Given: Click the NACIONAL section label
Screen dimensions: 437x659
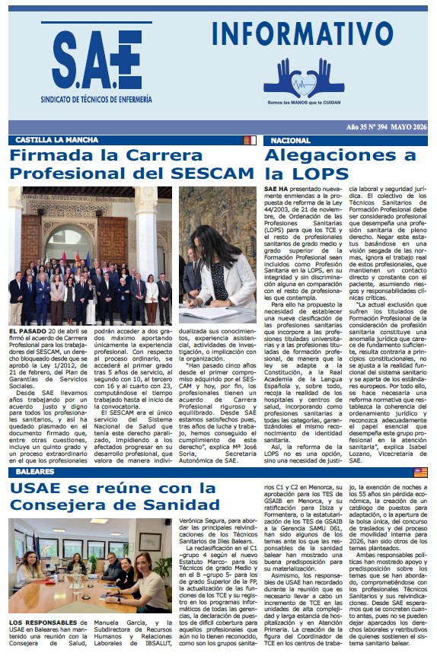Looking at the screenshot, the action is click(292, 141).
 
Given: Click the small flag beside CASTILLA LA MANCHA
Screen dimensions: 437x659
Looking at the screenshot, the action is click(249, 141).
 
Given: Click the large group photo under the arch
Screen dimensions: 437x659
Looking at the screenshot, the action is click(90, 245).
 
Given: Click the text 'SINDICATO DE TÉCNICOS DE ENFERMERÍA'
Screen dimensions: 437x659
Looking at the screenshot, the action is click(96, 100).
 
